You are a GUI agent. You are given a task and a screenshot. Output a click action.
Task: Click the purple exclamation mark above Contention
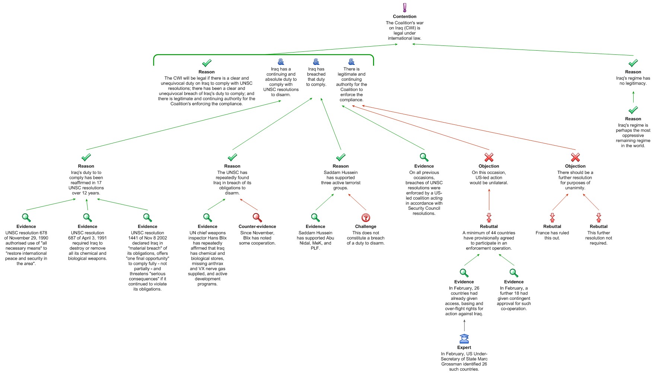pyautogui.click(x=405, y=7)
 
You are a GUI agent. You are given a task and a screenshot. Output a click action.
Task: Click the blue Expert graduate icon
pyautogui.click(x=464, y=339)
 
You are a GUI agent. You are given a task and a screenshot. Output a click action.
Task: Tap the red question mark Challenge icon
pyautogui.click(x=366, y=218)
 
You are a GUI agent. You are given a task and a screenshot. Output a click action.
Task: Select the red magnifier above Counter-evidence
pyautogui.click(x=257, y=218)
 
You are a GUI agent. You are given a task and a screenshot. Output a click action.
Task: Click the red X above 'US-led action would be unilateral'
pyautogui.click(x=489, y=157)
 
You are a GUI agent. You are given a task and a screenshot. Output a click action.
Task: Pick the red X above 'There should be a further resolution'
pyautogui.click(x=575, y=157)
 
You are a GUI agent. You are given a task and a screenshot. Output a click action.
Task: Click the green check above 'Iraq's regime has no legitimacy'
pyautogui.click(x=633, y=63)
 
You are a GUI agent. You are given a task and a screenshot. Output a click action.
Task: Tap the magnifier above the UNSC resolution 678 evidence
pyautogui.click(x=26, y=218)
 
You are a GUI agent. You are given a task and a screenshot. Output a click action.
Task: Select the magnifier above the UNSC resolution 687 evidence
pyautogui.click(x=87, y=218)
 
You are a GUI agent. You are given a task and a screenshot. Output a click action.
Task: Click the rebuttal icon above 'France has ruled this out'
pyautogui.click(x=552, y=218)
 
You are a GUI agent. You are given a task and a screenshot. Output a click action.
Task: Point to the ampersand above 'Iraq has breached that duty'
pyautogui.click(x=316, y=61)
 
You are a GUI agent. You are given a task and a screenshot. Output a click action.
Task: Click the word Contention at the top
pyautogui.click(x=405, y=16)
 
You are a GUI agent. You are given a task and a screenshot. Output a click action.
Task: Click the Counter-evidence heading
pyautogui.click(x=257, y=226)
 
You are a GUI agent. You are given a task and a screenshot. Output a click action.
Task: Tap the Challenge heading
pyautogui.click(x=366, y=226)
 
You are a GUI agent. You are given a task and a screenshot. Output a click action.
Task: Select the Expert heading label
pyautogui.click(x=464, y=348)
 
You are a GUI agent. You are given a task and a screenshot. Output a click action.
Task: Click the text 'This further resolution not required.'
pyautogui.click(x=599, y=238)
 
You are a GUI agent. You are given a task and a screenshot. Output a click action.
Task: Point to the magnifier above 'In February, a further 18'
pyautogui.click(x=514, y=273)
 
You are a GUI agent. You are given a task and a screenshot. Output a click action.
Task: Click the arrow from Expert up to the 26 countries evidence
pyautogui.click(x=464, y=326)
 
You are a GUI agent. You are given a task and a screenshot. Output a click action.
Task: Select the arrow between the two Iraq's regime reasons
pyautogui.click(x=633, y=97)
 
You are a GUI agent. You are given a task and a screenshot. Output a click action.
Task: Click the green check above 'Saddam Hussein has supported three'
pyautogui.click(x=341, y=157)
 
